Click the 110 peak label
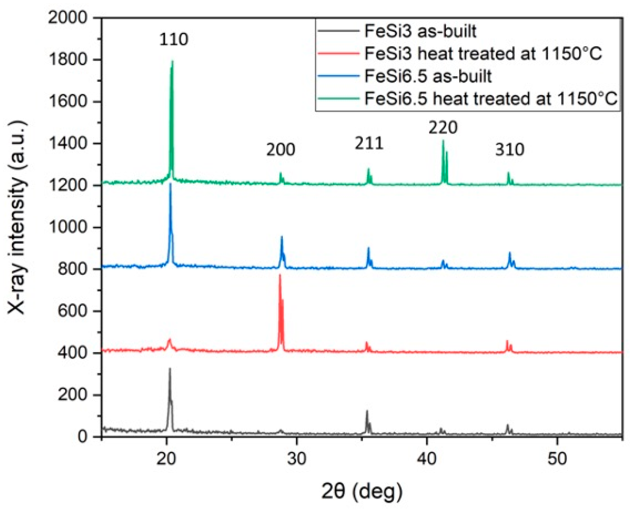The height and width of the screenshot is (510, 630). click(173, 39)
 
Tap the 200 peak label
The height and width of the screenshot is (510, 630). click(280, 150)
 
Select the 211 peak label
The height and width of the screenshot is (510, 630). click(369, 143)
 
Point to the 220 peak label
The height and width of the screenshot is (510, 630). click(443, 127)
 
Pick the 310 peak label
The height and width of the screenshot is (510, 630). click(509, 150)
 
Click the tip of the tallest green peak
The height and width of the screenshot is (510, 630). click(172, 61)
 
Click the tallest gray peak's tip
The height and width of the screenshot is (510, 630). click(170, 368)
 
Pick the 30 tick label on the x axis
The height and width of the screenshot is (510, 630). click(296, 458)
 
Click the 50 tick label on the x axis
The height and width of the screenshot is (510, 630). click(557, 458)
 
